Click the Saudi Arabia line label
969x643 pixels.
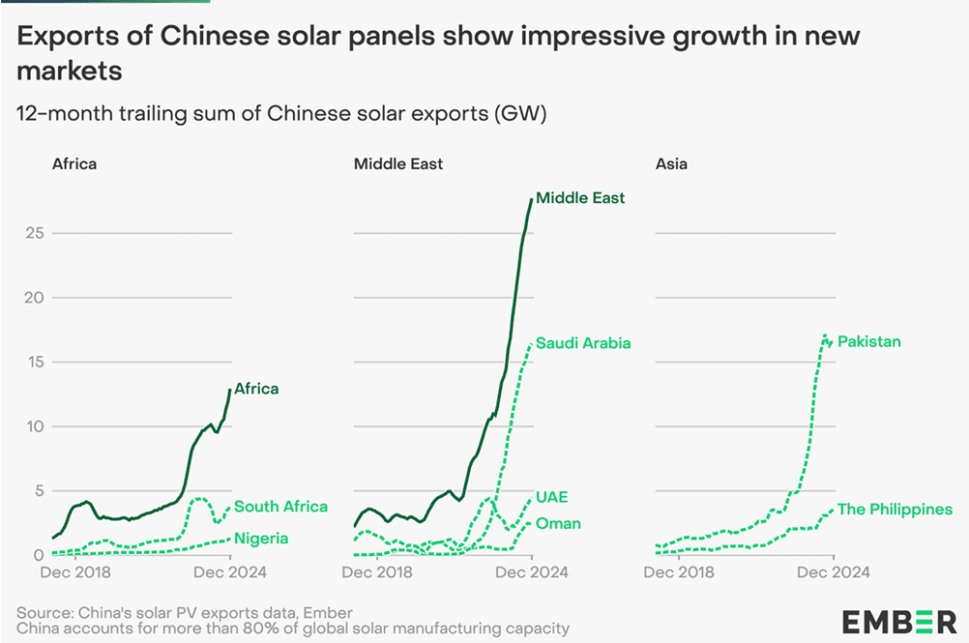click(x=583, y=343)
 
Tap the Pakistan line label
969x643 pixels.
click(x=869, y=341)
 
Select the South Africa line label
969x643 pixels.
click(x=280, y=506)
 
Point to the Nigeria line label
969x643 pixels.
click(x=261, y=538)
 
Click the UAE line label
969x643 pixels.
click(x=551, y=497)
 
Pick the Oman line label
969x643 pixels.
click(x=558, y=524)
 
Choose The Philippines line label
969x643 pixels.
click(x=895, y=509)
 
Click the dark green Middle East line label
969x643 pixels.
click(x=580, y=198)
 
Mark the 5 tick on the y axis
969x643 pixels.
click(x=39, y=490)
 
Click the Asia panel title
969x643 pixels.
click(x=671, y=163)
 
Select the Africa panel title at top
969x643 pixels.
click(x=74, y=163)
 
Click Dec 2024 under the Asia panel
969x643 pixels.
click(x=834, y=572)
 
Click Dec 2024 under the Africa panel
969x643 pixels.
click(x=230, y=572)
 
